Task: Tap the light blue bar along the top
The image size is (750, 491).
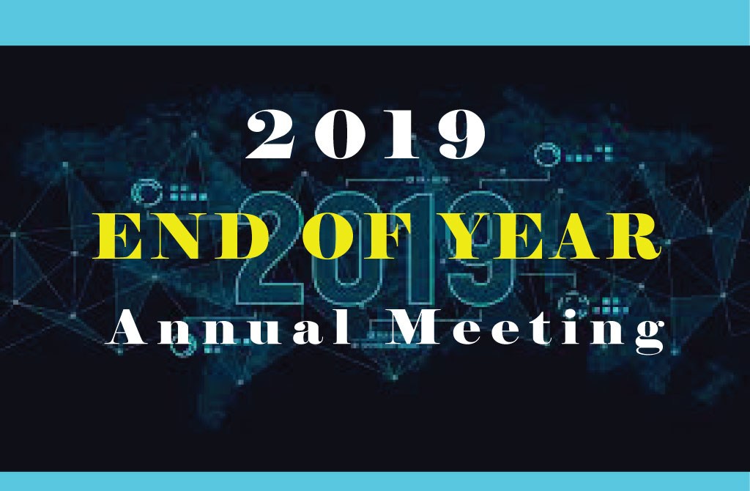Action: click(x=375, y=22)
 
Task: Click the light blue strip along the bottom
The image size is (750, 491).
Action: click(x=375, y=481)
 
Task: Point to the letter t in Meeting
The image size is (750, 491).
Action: click(x=552, y=331)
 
